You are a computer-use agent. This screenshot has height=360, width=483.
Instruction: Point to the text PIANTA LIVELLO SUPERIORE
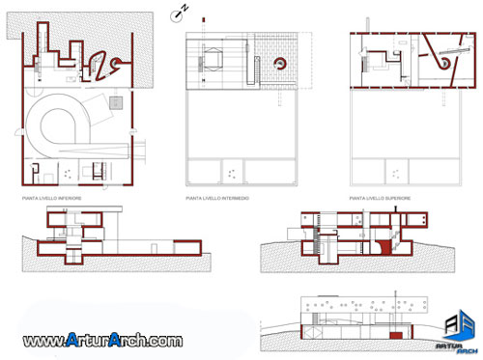click(381, 198)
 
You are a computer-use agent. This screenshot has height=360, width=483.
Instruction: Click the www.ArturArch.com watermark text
click(102, 341)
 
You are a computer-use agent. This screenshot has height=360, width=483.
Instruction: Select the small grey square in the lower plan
click(116, 100)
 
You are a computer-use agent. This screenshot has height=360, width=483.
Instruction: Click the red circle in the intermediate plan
click(281, 65)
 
